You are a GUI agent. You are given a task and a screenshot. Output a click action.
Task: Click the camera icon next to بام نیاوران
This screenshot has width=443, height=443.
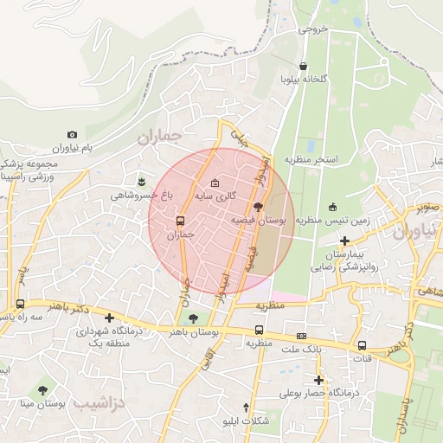coord(72,135)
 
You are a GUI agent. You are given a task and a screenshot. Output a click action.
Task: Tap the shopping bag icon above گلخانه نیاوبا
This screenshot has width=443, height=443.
coord(302,66)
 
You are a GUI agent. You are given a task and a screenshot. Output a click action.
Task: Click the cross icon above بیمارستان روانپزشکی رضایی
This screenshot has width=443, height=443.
coord(344,241)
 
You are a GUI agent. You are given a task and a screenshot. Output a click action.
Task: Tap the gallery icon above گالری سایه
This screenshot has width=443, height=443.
coord(215,183)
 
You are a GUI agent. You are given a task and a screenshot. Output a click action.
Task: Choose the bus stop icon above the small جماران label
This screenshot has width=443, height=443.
coord(180,220)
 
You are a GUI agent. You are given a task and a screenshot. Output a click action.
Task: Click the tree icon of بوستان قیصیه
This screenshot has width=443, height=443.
coord(258,206)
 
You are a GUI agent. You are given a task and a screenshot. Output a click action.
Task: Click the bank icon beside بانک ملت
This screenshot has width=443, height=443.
coord(300,336)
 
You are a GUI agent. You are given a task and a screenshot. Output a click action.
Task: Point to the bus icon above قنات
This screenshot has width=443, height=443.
coord(362,345)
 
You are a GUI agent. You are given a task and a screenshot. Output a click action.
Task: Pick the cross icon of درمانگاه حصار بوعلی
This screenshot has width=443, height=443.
coord(318,379)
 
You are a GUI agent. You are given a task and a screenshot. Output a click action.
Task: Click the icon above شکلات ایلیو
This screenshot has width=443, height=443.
coord(247,407)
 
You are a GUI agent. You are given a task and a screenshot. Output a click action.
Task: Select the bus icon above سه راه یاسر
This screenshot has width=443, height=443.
coord(20,304)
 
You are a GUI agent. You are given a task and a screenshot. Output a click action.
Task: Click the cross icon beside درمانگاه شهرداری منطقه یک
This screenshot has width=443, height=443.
coord(109,318)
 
